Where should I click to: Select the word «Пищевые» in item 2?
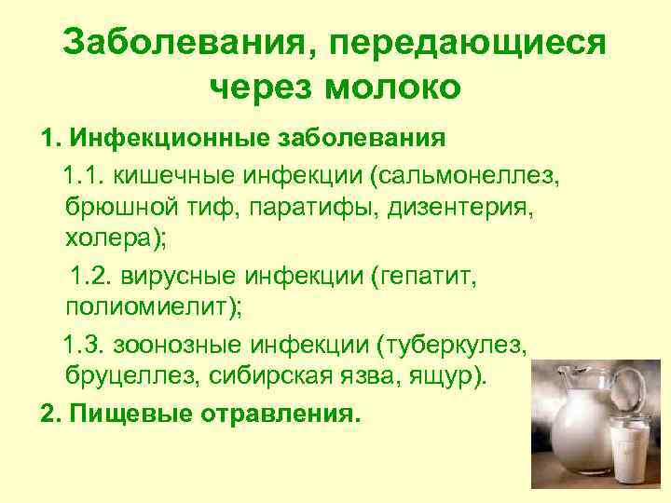pos(124,413)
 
